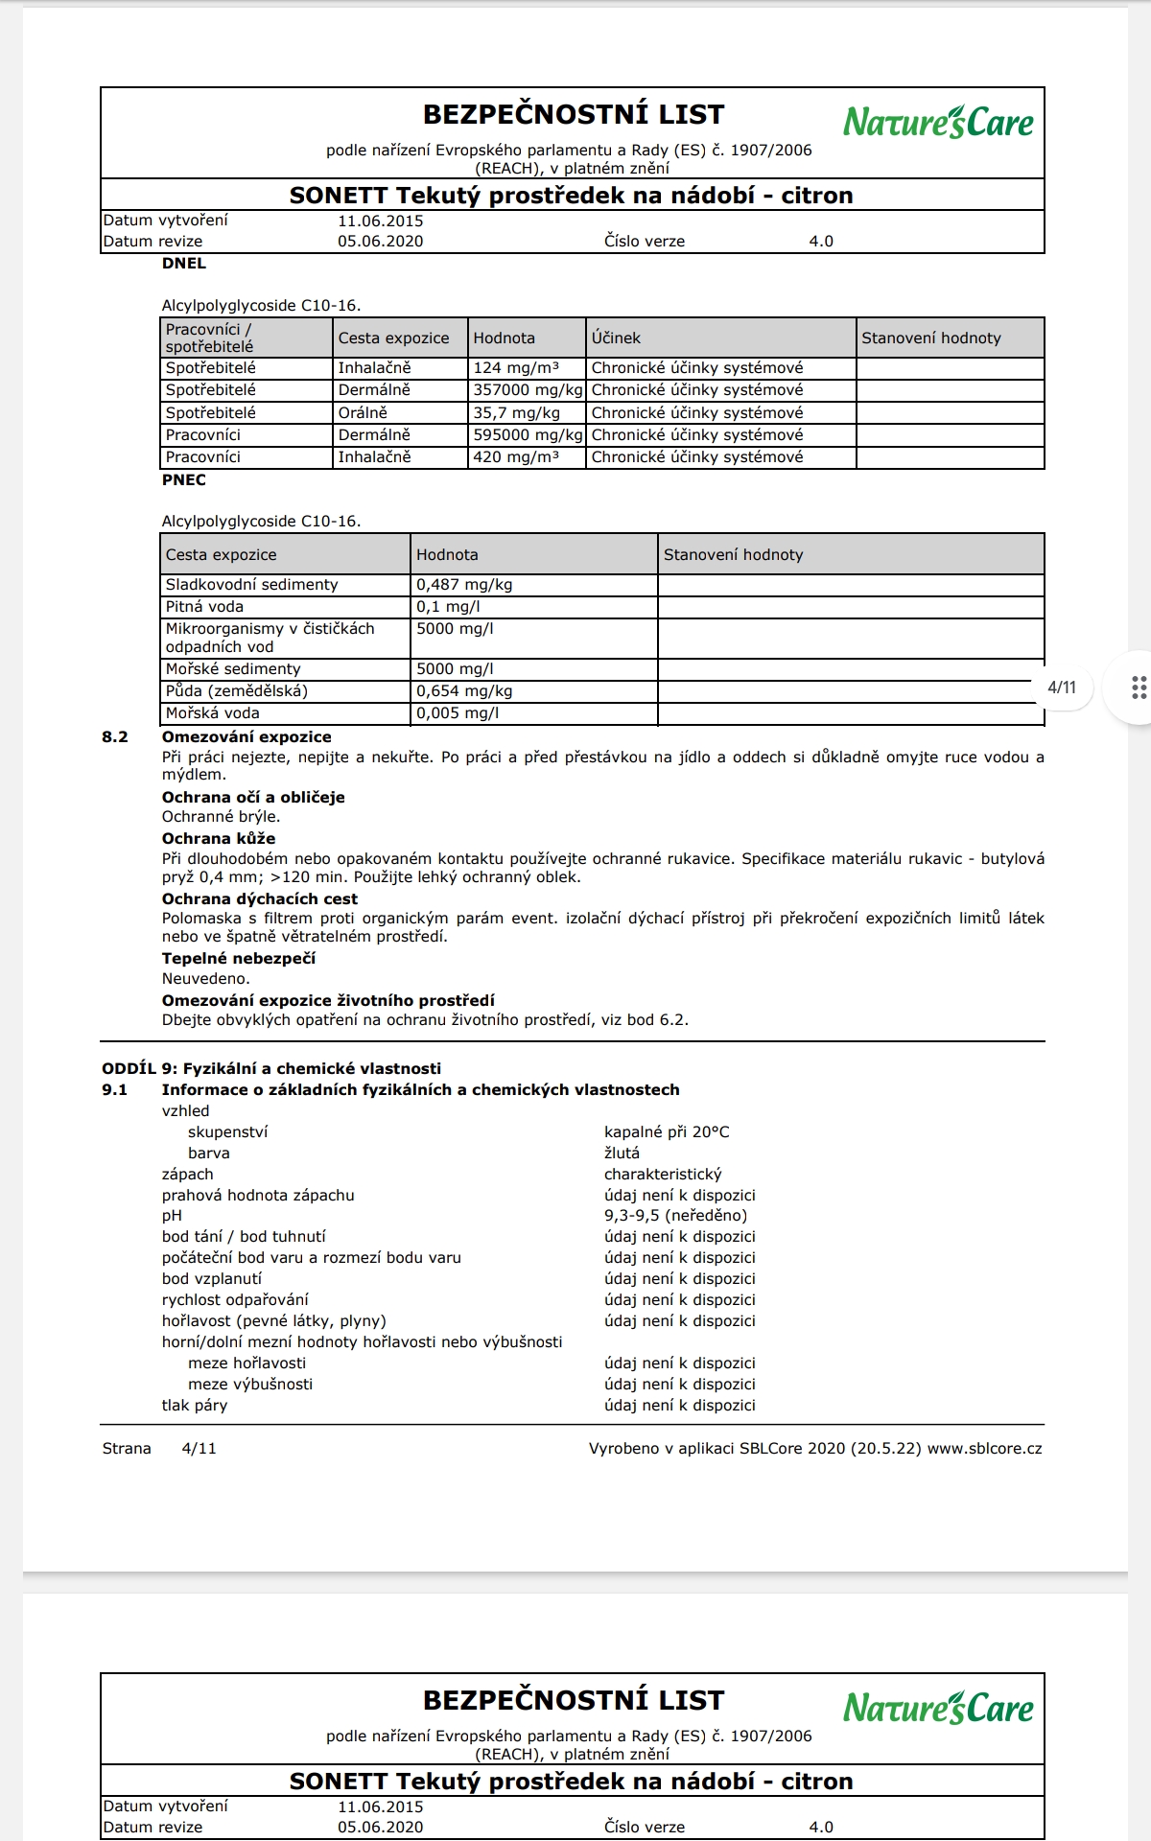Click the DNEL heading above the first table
(x=183, y=263)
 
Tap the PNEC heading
(x=183, y=479)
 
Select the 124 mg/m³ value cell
(x=516, y=367)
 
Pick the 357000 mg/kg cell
(x=527, y=390)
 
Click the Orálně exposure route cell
(x=363, y=412)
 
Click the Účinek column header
(x=616, y=338)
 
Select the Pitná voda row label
(x=204, y=607)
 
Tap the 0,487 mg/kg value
(x=464, y=584)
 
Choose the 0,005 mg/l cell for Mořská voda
(x=458, y=713)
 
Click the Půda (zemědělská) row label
(x=236, y=691)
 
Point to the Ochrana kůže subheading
(x=218, y=838)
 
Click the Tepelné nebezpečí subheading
(x=238, y=958)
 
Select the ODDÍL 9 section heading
(x=271, y=1068)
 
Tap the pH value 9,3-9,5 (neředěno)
(x=675, y=1216)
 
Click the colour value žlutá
(x=622, y=1153)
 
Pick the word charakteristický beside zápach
(x=663, y=1174)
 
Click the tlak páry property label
(x=195, y=1405)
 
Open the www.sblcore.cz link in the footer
(x=984, y=1448)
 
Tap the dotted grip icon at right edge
(x=1139, y=687)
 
